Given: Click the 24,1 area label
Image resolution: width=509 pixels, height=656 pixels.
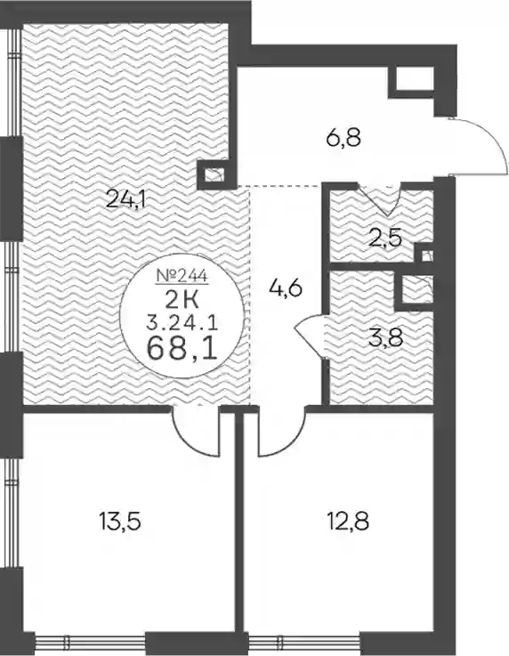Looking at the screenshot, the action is pos(125,198).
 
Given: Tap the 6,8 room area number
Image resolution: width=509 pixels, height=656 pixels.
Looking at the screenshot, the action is pos(343,137).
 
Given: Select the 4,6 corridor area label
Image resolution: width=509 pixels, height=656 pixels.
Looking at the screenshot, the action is pos(287,288).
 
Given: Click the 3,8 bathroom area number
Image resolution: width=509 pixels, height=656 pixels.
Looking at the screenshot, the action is pos(385,337).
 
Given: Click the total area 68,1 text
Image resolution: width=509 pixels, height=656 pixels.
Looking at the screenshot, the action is pos(182,349).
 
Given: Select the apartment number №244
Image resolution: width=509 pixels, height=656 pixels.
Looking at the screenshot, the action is pos(182,275).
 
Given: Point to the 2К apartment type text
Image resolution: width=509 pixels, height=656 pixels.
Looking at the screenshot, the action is pos(182,300).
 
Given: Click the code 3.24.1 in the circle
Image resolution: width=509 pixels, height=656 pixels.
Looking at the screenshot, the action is pos(182,323).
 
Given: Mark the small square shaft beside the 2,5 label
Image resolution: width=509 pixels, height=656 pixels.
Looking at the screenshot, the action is pos(426,256).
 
